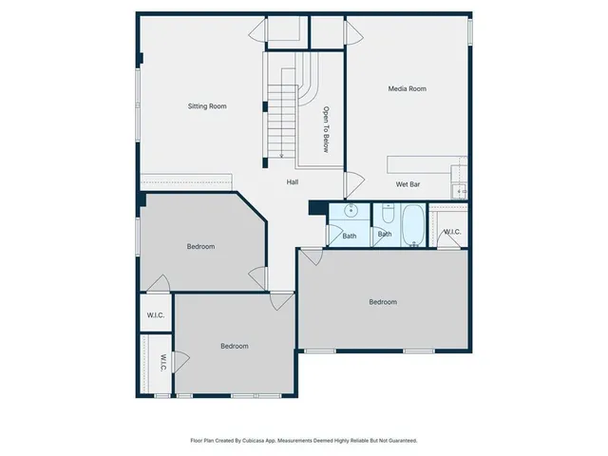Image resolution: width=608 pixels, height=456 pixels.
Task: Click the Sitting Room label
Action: [206, 106]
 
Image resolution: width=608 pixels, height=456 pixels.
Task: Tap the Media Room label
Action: [407, 88]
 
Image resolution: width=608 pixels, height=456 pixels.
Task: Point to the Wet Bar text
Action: [408, 183]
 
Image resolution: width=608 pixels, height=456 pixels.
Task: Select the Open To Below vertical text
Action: [325, 128]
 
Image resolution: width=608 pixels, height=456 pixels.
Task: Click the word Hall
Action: [294, 181]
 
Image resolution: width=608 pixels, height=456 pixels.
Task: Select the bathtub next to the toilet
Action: [414, 225]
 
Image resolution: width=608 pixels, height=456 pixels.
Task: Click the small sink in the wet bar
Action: [461, 192]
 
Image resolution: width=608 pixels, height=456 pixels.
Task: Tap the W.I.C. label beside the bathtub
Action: [451, 231]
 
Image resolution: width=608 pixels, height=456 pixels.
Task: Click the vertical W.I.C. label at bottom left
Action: [162, 363]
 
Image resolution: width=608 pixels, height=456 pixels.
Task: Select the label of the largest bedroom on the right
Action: [383, 302]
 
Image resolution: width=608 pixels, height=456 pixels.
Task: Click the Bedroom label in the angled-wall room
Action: [200, 247]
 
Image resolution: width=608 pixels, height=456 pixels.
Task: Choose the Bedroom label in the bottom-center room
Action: [234, 346]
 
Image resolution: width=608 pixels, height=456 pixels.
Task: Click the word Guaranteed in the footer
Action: [401, 441]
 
